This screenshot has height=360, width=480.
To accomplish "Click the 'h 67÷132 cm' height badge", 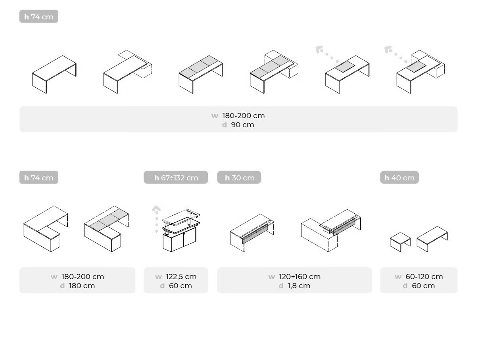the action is pyautogui.click(x=176, y=177).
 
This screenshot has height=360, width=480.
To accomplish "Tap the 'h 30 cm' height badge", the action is pyautogui.click(x=239, y=177).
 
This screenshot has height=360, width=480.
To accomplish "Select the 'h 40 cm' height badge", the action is pyautogui.click(x=399, y=177).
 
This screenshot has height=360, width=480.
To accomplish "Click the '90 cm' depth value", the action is pyautogui.click(x=242, y=125).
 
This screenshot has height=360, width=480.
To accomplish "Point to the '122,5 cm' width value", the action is pyautogui.click(x=181, y=276).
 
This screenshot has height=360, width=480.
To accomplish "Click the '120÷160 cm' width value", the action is pyautogui.click(x=300, y=276).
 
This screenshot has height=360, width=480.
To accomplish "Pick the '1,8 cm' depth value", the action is pyautogui.click(x=299, y=286).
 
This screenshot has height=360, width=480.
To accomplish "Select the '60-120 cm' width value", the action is pyautogui.click(x=424, y=276).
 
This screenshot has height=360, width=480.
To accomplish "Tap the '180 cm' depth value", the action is pyautogui.click(x=82, y=286).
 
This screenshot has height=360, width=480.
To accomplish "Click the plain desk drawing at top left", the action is pyautogui.click(x=54, y=74).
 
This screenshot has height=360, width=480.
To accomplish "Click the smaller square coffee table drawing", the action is pyautogui.click(x=400, y=242).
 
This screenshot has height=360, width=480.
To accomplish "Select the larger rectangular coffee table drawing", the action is pyautogui.click(x=432, y=239).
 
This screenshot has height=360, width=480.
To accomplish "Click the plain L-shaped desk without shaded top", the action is pyautogui.click(x=46, y=229).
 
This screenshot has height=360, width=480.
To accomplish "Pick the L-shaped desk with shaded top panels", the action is pyautogui.click(x=106, y=229).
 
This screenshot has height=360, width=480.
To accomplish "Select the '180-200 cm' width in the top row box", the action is pyautogui.click(x=244, y=116).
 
